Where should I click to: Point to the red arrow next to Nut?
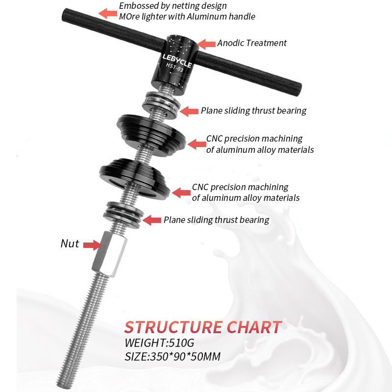pos(92,245)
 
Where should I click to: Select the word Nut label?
pos(70,244)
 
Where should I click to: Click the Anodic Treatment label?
pos(252,43)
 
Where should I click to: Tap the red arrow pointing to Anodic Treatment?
pos(206,44)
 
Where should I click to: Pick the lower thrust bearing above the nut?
pos(122,214)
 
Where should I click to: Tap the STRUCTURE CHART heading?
pos(203,327)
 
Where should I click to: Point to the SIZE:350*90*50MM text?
pos(172,356)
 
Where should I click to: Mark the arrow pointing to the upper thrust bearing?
pos(189,111)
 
